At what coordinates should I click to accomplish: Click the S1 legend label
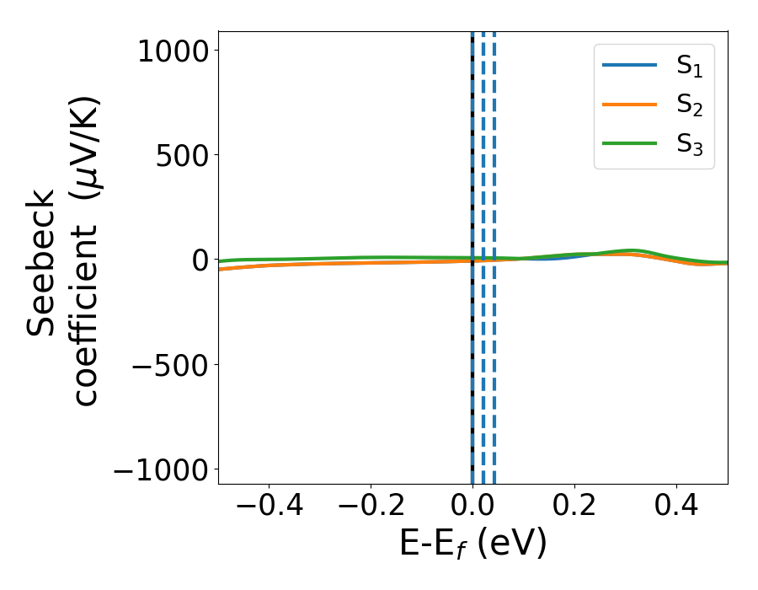pyautogui.click(x=689, y=68)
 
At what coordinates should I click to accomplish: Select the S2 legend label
pyautogui.click(x=689, y=106)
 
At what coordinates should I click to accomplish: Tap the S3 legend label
pyautogui.click(x=689, y=144)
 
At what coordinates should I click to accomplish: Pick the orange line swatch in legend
pyautogui.click(x=629, y=105)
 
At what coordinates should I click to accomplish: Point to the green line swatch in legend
pyautogui.click(x=629, y=142)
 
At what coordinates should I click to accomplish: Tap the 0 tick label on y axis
pyautogui.click(x=199, y=260)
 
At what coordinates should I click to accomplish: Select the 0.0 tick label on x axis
pyautogui.click(x=472, y=507)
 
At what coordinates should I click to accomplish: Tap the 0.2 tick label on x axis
pyautogui.click(x=574, y=507)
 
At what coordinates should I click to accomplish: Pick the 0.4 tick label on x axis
pyautogui.click(x=676, y=507)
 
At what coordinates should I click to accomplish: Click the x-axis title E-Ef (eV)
pyautogui.click(x=472, y=544)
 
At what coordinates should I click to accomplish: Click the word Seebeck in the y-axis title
pyautogui.click(x=41, y=263)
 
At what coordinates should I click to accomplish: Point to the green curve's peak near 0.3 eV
pyautogui.click(x=630, y=250)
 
